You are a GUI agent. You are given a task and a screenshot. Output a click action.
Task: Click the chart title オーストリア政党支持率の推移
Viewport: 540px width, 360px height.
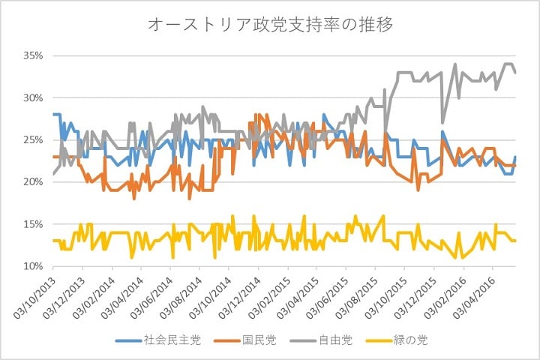point(270,25)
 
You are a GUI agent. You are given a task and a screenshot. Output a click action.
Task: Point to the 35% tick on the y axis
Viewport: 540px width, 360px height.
point(34,56)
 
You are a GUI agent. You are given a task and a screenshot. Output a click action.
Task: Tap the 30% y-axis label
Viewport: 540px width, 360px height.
point(34,98)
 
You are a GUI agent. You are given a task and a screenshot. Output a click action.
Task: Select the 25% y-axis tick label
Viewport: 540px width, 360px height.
point(34,140)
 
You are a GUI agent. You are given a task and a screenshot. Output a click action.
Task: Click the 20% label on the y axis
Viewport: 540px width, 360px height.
point(34,182)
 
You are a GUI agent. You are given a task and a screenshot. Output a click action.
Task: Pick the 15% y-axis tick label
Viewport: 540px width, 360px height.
point(34,224)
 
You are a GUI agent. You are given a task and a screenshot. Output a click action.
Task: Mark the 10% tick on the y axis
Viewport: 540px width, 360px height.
point(34,266)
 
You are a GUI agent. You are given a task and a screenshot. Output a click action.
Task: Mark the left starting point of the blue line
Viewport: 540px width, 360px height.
point(53,115)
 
